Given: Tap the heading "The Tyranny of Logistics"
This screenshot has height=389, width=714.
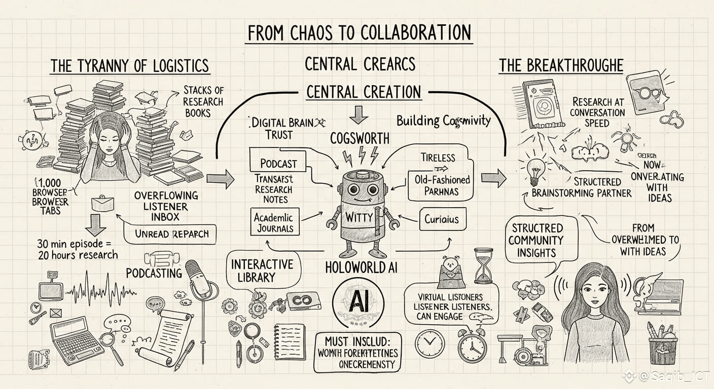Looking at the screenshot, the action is coord(129,65).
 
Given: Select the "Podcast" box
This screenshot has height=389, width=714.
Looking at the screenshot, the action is coord(278,163).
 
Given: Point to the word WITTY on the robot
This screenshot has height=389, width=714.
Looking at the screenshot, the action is coord(359,217).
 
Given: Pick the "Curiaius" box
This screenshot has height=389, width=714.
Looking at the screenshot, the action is coord(441,219).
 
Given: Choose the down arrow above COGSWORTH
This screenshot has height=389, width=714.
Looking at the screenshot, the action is coord(359,114).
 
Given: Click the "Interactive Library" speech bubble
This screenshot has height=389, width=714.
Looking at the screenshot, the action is coord(262,271).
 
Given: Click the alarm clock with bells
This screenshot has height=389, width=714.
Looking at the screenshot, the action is coord(472,346).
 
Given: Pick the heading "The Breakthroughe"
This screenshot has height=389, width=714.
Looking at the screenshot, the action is coord(561,65).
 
